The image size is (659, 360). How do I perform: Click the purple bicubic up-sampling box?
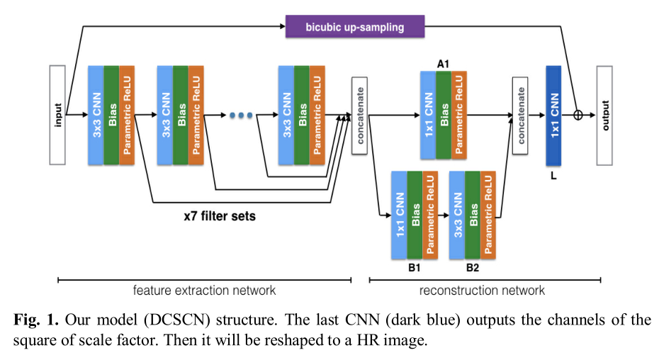point(355,28)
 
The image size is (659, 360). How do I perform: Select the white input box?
point(57,116)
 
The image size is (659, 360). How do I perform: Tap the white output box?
point(604,116)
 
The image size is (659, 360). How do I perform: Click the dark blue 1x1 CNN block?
point(553,116)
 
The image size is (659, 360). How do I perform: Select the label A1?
point(444,64)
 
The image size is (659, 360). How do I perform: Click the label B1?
point(415,268)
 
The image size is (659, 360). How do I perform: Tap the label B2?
point(473,268)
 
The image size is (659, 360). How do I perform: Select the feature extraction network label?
point(205,291)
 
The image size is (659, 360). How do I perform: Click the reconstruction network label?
point(482,291)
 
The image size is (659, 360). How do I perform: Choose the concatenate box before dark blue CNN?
point(520,116)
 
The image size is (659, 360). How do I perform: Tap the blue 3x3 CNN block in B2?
point(457,213)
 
